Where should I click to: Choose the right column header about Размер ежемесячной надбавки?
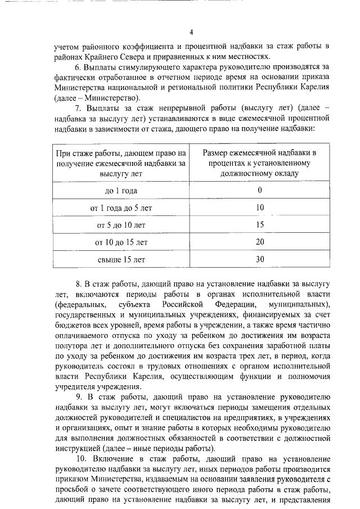[259, 163]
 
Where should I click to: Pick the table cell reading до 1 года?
[121, 190]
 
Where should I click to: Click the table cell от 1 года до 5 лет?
[121, 208]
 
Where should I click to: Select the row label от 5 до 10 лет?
[121, 225]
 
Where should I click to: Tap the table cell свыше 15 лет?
[121, 260]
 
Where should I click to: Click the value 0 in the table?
[259, 190]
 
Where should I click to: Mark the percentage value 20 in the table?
[259, 242]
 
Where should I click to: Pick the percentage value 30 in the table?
[259, 260]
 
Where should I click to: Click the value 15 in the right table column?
[259, 225]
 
